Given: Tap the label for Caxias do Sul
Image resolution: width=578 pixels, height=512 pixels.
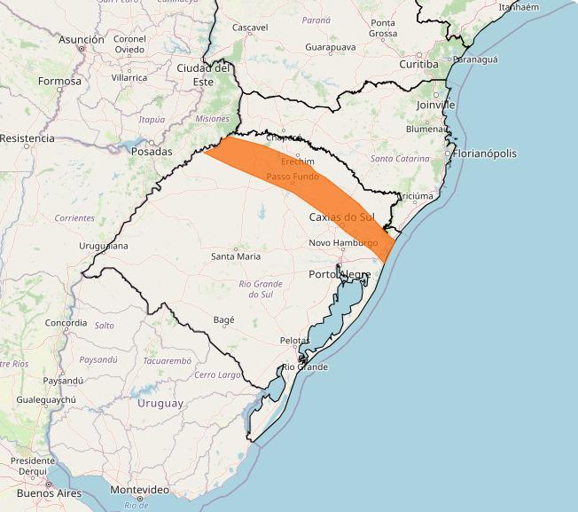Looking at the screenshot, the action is (343, 217).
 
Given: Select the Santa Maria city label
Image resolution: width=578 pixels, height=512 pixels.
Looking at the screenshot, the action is (235, 256).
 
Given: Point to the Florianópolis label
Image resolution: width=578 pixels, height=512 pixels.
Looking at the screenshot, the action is (485, 154).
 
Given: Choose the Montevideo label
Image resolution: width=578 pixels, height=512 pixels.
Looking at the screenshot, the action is (139, 490).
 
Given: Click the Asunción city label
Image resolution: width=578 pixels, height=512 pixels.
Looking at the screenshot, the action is (82, 40).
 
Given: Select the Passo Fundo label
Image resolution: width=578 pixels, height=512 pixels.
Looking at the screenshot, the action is (293, 177).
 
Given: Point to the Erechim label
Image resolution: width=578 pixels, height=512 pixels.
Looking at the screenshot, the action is (297, 161).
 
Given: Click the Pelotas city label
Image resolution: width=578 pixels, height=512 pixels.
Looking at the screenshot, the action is (294, 341).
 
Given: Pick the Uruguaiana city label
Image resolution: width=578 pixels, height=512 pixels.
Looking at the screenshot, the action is (104, 246).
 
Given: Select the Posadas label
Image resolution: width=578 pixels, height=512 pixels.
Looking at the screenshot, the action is (151, 152).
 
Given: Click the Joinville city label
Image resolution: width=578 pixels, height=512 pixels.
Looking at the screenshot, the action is (435, 105).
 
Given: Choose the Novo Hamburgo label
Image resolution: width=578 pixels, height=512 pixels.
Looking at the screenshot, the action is (344, 243).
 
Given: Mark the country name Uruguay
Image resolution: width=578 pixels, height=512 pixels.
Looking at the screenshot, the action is (160, 403).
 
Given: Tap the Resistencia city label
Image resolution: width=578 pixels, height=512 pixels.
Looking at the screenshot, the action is (27, 138).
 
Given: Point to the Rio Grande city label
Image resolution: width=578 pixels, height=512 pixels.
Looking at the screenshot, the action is (305, 367).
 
